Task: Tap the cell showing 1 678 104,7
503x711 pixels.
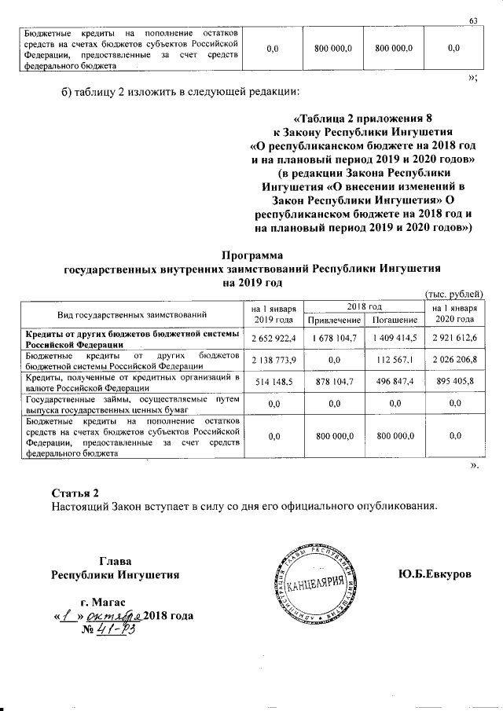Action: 334,338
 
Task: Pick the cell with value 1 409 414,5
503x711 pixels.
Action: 394,338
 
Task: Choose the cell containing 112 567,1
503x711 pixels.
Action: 394,360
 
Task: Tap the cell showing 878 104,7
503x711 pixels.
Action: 334,382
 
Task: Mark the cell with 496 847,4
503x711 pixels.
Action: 394,382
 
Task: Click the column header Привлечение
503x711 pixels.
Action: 334,321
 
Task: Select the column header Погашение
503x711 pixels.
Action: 394,321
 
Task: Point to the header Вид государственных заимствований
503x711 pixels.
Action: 131,314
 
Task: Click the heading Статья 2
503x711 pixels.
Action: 75,493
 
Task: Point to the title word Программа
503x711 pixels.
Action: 250,255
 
